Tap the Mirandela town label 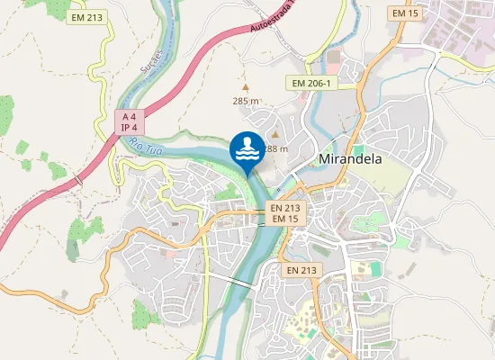tap(351, 159)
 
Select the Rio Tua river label tap(143, 145)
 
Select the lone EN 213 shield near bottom tap(301, 270)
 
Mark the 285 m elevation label tap(246, 102)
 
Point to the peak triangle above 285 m tap(246, 88)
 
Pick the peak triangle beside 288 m tap(275, 135)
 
